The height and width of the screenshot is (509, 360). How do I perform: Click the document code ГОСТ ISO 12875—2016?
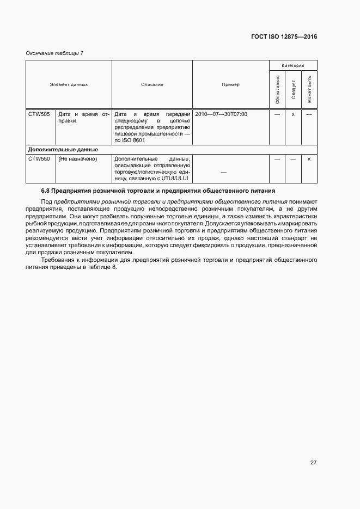[x=285, y=36]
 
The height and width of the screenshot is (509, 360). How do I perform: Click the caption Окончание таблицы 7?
[x=54, y=53]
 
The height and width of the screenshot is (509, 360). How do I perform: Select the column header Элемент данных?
[x=69, y=84]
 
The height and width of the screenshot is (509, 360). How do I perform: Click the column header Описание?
[x=152, y=84]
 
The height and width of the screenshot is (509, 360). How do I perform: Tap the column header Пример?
[x=230, y=84]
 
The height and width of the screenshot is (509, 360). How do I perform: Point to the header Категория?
[x=293, y=65]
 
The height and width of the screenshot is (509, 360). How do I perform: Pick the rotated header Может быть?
[x=309, y=89]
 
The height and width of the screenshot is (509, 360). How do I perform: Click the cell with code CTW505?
[x=39, y=114]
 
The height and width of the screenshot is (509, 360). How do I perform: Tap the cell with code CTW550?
[x=39, y=159]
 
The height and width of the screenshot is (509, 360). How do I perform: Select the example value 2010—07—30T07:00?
[x=221, y=114]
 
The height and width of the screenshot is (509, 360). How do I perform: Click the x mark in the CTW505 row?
[x=293, y=114]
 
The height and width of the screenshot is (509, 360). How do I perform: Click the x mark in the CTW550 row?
[x=309, y=159]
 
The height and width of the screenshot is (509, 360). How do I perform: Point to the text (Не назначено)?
[x=77, y=159]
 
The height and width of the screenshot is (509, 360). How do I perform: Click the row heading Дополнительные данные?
[x=63, y=149]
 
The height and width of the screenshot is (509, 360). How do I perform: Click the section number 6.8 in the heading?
[x=45, y=191]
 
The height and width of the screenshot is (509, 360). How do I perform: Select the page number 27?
[x=313, y=463]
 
